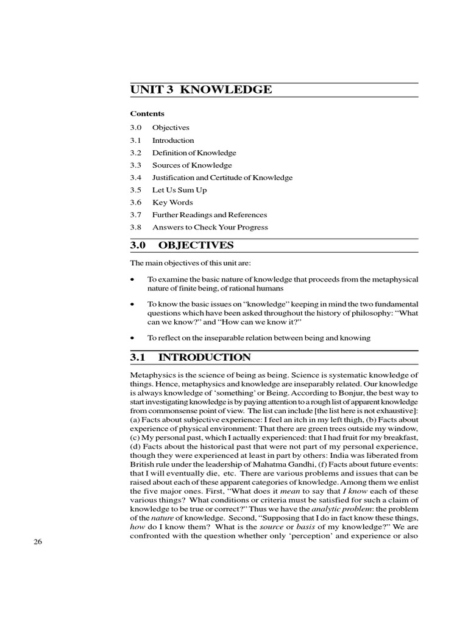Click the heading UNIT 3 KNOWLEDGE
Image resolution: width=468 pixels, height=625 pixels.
[201, 90]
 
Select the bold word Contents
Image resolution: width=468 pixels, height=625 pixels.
[147, 114]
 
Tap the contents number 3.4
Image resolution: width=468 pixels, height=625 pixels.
[135, 178]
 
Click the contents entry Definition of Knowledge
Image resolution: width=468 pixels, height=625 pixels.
[194, 153]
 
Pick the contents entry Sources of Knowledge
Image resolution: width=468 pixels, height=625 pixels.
[192, 165]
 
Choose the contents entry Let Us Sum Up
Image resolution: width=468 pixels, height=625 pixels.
[179, 190]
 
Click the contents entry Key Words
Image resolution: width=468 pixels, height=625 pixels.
[172, 202]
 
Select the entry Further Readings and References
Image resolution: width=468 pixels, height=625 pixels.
[210, 215]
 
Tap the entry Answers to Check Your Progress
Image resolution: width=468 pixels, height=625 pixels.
[210, 227]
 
